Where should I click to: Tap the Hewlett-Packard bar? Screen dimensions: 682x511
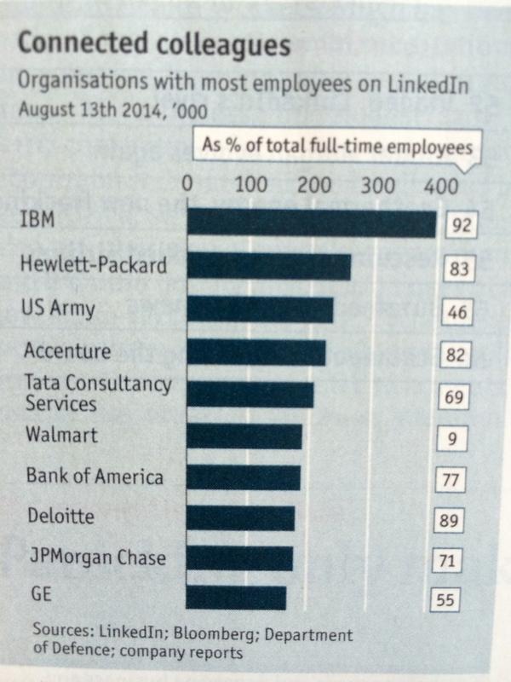point(268,267)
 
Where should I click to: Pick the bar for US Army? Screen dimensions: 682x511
point(260,309)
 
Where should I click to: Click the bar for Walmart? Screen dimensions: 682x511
point(244,436)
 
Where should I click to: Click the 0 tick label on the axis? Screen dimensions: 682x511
point(187,182)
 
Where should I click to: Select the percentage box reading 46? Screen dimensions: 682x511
point(458,311)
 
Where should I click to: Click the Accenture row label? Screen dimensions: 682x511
point(67,350)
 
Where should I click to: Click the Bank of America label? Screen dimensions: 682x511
point(94,476)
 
